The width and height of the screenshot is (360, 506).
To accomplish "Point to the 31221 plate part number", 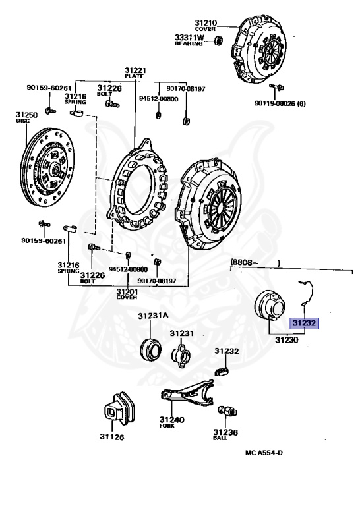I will coord(136,70).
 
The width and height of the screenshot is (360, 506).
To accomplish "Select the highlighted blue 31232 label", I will coord(304,323).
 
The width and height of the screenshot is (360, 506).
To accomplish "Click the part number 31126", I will coord(112,436).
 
